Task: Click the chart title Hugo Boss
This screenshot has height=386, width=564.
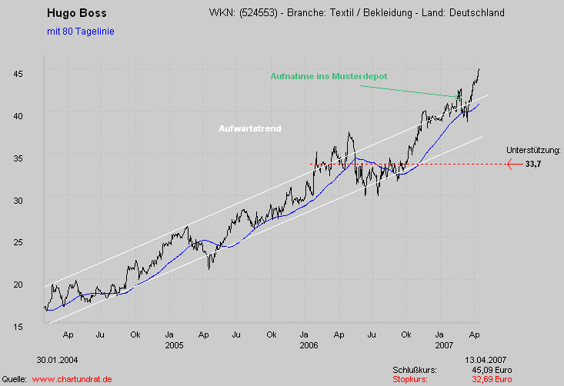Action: pos(76,13)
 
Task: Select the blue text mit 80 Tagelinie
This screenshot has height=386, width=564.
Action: pos(80,32)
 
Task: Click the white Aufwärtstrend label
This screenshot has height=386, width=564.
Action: pos(250,128)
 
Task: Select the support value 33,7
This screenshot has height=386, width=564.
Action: pos(534,164)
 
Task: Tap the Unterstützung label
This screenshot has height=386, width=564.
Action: pos(534,151)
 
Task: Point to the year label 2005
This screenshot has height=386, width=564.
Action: pos(173,345)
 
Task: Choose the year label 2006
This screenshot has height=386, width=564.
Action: pos(309,345)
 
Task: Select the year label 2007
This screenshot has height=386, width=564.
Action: pos(443,345)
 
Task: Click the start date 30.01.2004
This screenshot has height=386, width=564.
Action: pos(57,360)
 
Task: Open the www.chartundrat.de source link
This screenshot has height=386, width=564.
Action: pos(72,379)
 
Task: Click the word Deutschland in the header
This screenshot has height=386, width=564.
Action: pos(478,14)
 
